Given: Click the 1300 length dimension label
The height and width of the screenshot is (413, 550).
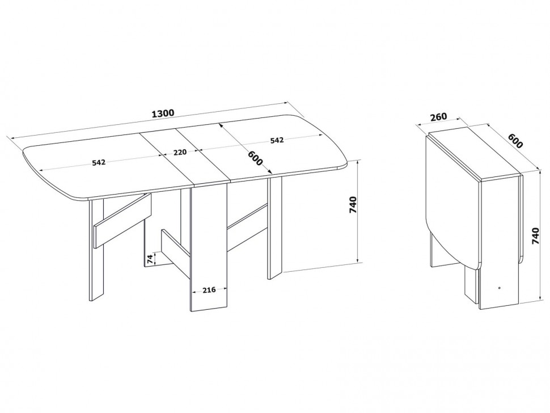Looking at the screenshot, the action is click(163, 113).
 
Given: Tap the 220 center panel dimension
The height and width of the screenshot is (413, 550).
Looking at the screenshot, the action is click(180, 152).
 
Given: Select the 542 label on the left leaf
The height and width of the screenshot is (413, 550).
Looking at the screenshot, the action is click(99, 162).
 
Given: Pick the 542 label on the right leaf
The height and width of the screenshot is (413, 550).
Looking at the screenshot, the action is click(277, 140).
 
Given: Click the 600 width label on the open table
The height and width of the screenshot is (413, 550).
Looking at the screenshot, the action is click(255, 158).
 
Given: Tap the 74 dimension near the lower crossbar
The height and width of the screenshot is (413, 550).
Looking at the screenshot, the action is click(150, 259).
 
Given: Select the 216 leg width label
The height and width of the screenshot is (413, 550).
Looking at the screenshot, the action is click(209, 290).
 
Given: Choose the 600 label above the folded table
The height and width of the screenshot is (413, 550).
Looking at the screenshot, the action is click(515, 140).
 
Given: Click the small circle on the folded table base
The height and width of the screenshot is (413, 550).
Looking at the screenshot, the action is click(499, 288).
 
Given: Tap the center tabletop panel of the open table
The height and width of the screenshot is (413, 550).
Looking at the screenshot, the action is click(185, 157).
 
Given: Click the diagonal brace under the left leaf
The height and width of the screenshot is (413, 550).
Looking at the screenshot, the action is click(122, 220).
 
